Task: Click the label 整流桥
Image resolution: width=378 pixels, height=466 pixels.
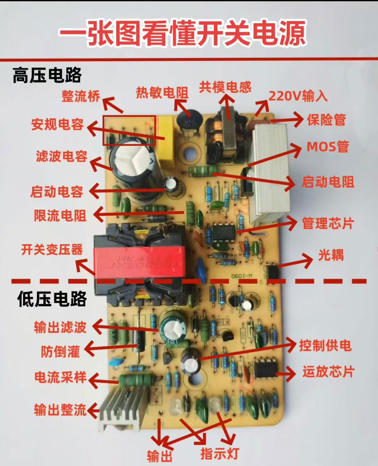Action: coord(81,96)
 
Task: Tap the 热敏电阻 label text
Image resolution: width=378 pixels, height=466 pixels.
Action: coord(162,93)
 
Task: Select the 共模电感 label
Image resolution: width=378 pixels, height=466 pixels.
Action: coord(225,87)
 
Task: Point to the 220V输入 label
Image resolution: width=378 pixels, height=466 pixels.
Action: coord(298,96)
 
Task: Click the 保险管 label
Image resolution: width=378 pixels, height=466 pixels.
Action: coord(326,120)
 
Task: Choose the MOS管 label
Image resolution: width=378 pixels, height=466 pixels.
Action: coord(328,147)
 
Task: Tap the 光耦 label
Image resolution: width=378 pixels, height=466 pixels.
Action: coord(331,255)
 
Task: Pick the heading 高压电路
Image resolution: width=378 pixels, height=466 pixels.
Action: coord(47,75)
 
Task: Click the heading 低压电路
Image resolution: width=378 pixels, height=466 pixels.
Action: coord(52,299)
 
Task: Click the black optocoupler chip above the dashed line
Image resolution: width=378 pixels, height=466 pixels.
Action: coord(272,271)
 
